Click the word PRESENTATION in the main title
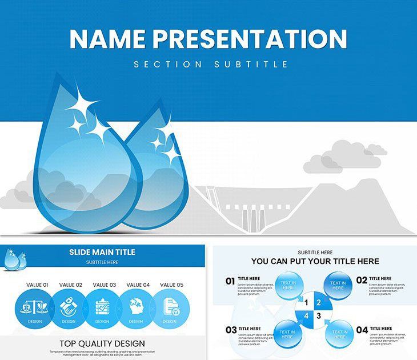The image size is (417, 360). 249,38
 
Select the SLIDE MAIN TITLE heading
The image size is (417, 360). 102,252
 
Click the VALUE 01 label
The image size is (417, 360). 37,285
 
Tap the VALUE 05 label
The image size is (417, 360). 171,285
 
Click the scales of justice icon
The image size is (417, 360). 34,308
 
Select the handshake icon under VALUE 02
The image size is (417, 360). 68,307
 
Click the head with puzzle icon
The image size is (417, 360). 136,307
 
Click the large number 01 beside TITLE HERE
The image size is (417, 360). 230,281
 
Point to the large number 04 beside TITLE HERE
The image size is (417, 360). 362,330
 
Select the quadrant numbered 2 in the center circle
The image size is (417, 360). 319,303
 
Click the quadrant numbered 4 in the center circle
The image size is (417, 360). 306,315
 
